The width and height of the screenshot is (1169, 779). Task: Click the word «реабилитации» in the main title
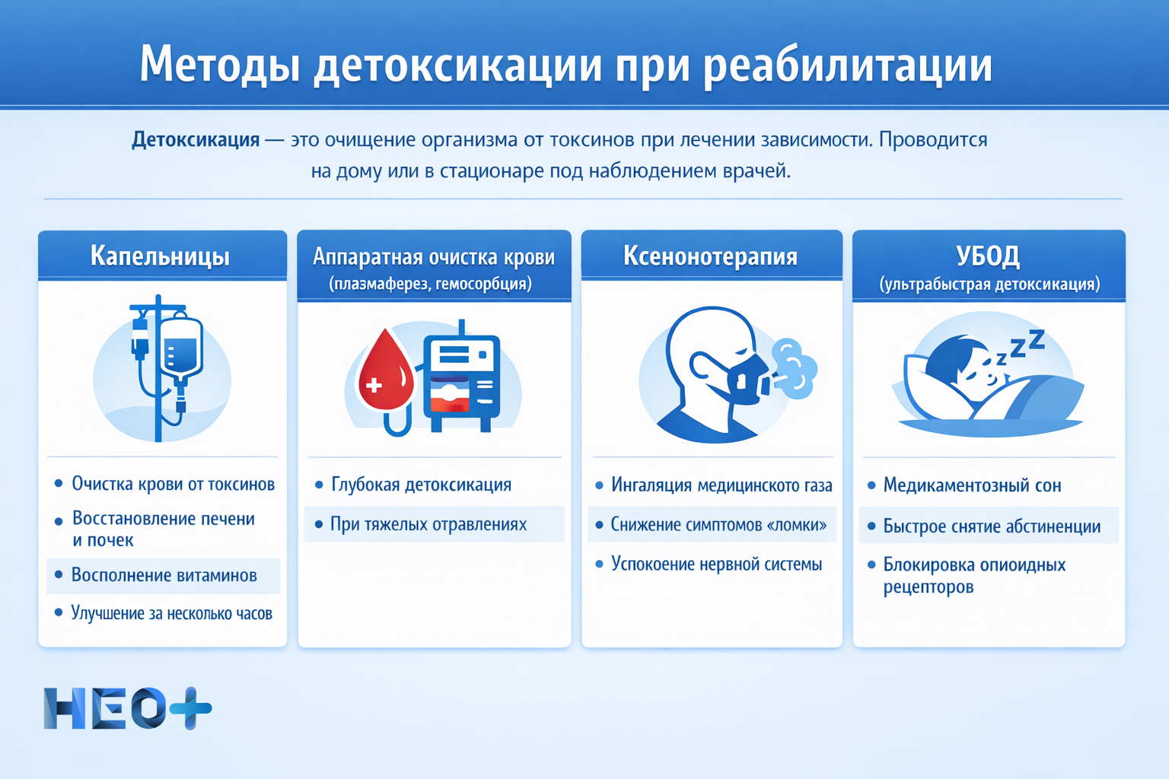point(847,65)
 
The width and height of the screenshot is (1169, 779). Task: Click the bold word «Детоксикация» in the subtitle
point(196,140)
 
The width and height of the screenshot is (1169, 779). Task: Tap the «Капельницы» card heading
point(160,256)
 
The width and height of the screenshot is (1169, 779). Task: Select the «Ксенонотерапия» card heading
point(710,256)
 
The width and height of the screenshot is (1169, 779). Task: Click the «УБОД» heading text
point(988,256)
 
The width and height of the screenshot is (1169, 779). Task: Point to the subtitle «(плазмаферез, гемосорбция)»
point(431,285)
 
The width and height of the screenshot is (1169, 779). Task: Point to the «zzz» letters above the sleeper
point(1024,347)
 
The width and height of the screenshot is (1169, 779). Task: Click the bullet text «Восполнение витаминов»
point(164,576)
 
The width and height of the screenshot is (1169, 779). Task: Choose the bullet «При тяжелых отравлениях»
point(428,525)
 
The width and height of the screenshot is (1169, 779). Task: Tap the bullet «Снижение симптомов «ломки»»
point(718,525)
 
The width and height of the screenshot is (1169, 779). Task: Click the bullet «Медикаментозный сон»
point(971,485)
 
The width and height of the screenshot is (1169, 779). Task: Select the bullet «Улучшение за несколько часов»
point(171,613)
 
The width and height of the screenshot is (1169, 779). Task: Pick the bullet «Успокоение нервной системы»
point(715,564)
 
